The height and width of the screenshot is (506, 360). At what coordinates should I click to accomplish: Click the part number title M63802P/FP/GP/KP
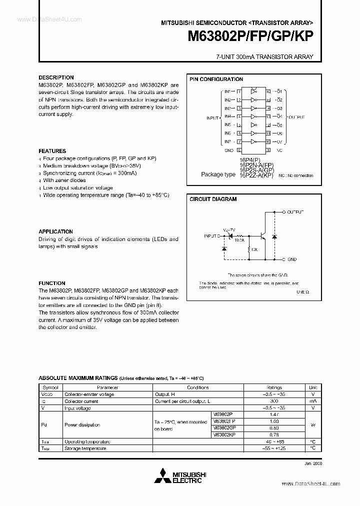point(250,37)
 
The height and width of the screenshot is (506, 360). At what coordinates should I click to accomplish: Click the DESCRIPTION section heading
point(56,78)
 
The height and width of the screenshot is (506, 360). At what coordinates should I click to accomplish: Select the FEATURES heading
point(52,151)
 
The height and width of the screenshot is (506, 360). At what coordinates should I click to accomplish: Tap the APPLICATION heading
point(55,231)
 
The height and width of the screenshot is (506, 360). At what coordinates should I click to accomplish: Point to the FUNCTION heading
point(52,283)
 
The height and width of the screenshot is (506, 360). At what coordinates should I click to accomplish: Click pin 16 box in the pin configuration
point(268,92)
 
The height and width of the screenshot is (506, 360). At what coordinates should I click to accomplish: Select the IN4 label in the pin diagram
point(227,116)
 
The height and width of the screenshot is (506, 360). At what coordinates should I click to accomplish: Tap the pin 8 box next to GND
point(239,149)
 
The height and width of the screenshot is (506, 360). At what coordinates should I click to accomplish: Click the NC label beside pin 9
point(279,149)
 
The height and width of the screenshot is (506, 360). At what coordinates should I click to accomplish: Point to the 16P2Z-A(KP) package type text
point(256,175)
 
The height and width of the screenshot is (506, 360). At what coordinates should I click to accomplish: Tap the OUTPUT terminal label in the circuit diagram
point(295,212)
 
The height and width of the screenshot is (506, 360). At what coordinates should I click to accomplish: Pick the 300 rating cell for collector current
point(274,401)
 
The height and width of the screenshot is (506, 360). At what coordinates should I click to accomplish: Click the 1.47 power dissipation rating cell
point(274,415)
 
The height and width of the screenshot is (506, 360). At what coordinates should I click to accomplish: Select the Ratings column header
point(274,387)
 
